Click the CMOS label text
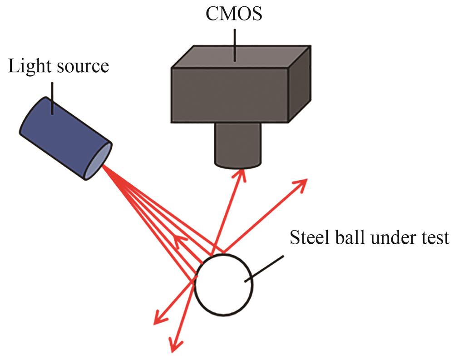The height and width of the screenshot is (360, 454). pyautogui.click(x=234, y=15)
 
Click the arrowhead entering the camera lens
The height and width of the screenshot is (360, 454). pyautogui.click(x=239, y=175)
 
